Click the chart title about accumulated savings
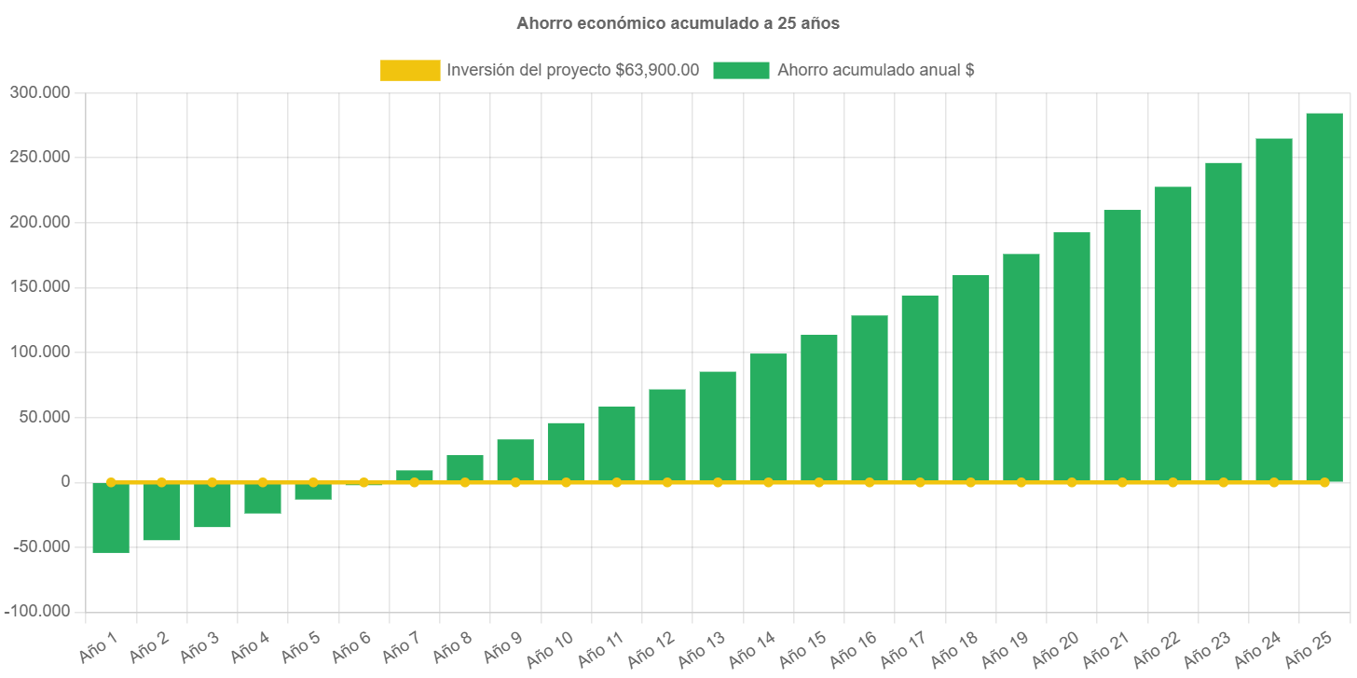[x=678, y=23]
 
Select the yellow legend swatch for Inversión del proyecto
[x=410, y=70]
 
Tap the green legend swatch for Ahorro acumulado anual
[x=741, y=70]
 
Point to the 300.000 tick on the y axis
[x=40, y=92]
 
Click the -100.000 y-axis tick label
[x=37, y=611]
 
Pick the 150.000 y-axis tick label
[x=40, y=286]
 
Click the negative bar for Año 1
[x=111, y=518]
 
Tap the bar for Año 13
[x=718, y=426]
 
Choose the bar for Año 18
[x=970, y=378]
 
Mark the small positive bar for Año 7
[x=414, y=476]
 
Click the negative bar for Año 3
[x=212, y=505]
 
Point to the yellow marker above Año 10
[x=566, y=482]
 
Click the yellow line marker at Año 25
[x=1324, y=482]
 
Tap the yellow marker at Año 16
[x=870, y=482]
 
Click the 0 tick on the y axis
[x=65, y=481]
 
